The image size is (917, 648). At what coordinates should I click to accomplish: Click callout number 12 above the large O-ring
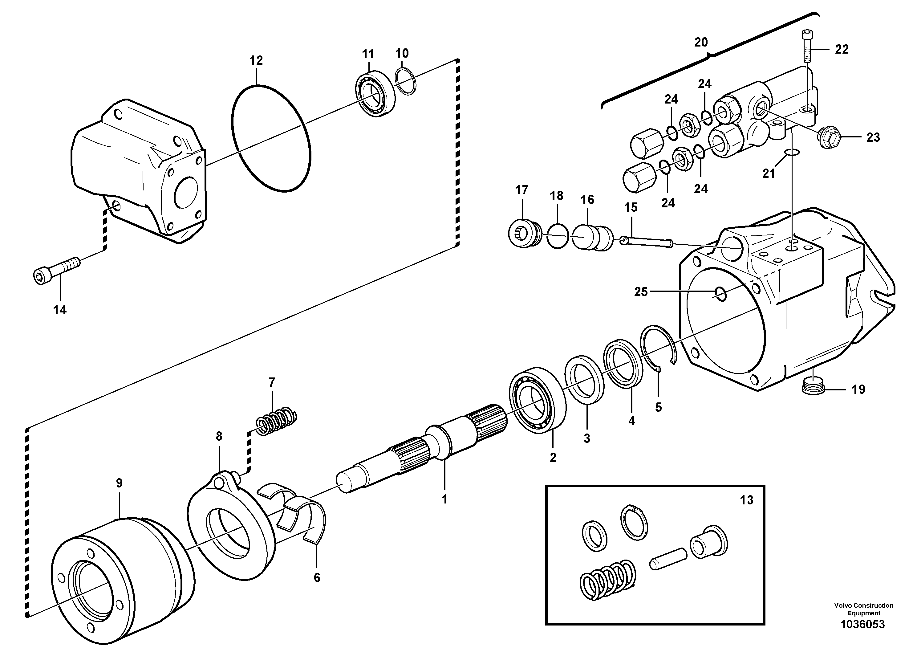pyautogui.click(x=256, y=61)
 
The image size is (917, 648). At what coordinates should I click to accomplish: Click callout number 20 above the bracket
pyautogui.click(x=701, y=42)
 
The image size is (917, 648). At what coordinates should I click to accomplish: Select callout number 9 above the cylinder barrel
pyautogui.click(x=119, y=483)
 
